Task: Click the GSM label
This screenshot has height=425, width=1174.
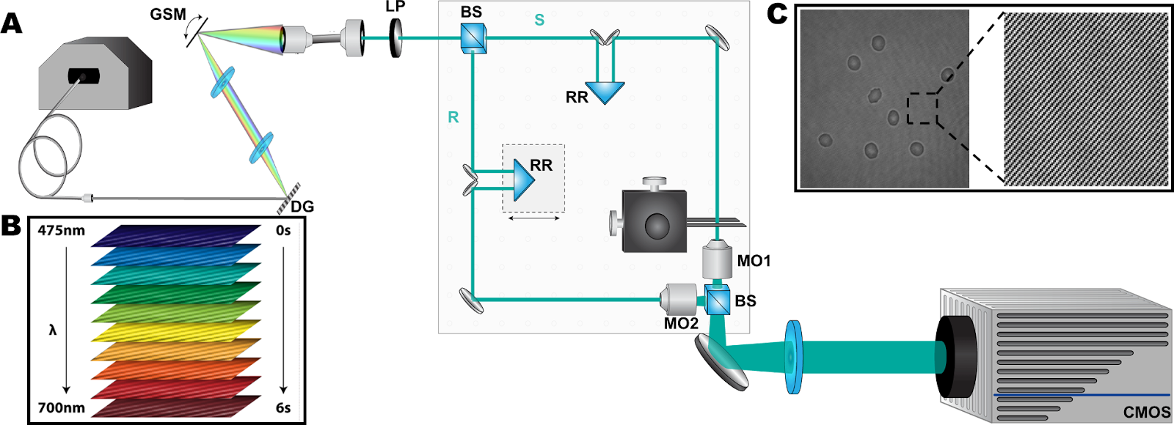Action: click(168, 14)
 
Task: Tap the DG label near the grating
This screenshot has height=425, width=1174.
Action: click(302, 207)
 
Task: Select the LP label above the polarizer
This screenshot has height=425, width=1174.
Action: click(395, 7)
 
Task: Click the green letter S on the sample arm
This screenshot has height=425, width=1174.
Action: click(539, 21)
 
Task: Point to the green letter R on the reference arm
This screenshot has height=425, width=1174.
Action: click(453, 117)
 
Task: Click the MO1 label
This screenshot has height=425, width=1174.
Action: click(754, 261)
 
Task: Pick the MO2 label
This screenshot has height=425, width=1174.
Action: click(681, 323)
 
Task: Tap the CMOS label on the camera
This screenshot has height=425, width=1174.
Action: click(1147, 413)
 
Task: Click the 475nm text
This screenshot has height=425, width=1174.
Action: click(62, 231)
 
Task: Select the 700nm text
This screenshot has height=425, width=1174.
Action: click(62, 408)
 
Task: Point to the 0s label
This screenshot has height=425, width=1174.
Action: click(283, 231)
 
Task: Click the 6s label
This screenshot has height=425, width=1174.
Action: click(283, 408)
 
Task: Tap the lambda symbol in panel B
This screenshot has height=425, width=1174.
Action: click(52, 330)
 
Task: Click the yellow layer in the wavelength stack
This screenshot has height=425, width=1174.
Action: click(176, 330)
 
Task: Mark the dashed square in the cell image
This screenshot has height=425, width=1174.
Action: click(922, 108)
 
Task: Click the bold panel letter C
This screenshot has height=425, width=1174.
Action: click(777, 15)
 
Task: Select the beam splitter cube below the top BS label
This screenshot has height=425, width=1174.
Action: click(473, 38)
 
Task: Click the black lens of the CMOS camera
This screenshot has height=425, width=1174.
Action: click(954, 357)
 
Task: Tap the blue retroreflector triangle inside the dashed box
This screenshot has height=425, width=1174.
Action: click(523, 180)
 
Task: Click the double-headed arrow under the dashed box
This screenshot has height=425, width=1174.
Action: click(533, 218)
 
